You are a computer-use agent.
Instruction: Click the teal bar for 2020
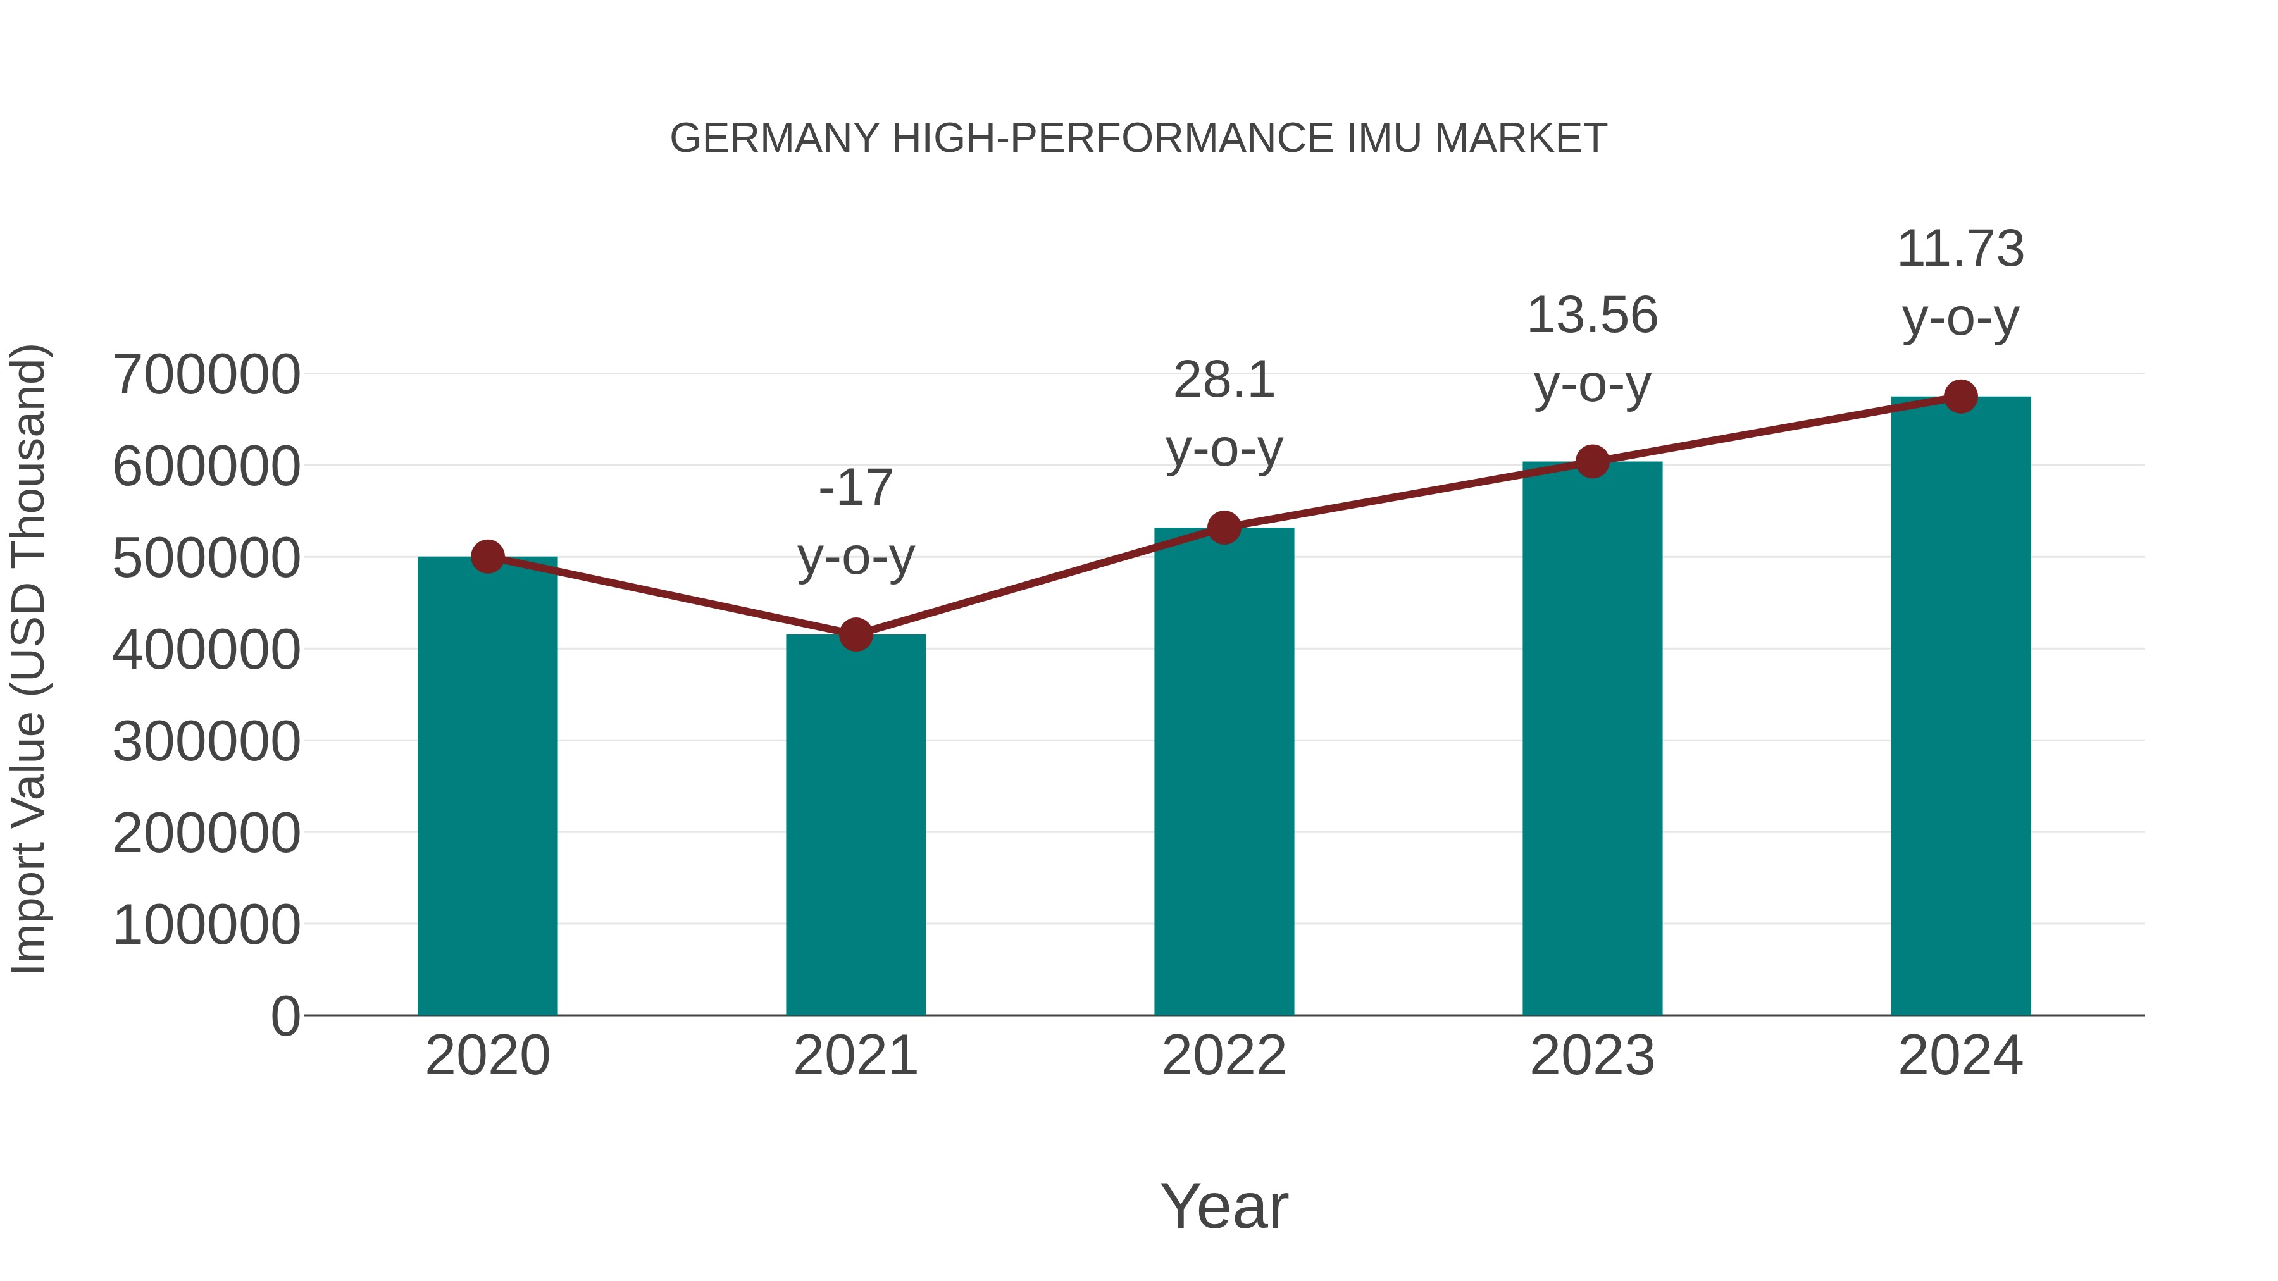487,787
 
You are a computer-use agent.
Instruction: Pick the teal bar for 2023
1592,738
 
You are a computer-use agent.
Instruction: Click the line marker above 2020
487,557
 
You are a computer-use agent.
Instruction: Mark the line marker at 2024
1960,397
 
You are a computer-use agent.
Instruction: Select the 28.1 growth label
1224,414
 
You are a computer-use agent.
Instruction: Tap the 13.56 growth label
1592,349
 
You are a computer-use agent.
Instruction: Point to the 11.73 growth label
1960,283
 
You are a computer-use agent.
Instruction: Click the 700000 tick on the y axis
206,375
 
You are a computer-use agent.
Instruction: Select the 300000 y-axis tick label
206,742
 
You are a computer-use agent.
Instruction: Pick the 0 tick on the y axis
285,1017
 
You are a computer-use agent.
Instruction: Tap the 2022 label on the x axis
1224,1056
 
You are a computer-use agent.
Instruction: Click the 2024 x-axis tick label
1960,1056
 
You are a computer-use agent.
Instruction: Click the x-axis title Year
1224,1206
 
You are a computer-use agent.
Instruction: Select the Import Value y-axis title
28,659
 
